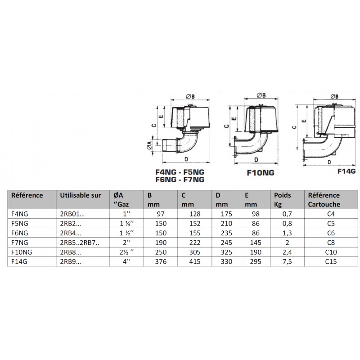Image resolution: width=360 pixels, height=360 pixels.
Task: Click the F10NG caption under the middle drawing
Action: point(261,172)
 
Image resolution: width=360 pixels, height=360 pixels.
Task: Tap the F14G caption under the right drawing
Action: point(346,171)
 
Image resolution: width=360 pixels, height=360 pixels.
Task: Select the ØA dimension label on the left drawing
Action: point(149,145)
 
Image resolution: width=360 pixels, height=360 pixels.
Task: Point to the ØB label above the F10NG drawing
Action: point(261,95)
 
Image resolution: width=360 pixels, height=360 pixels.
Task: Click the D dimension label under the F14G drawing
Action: point(329,162)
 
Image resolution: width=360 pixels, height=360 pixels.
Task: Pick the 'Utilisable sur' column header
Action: point(81,195)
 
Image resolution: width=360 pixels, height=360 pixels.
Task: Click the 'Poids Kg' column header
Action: point(283,199)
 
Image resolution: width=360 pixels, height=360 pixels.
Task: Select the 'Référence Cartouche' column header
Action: point(324,199)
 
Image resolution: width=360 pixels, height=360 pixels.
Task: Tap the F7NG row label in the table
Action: point(20,243)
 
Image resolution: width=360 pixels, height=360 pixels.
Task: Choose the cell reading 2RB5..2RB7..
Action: point(80,243)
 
